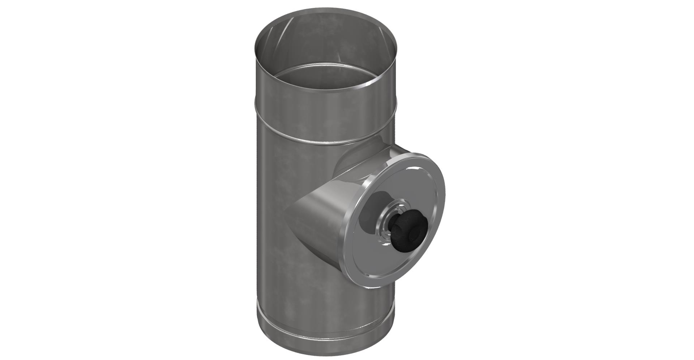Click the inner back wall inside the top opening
tap(325, 43)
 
